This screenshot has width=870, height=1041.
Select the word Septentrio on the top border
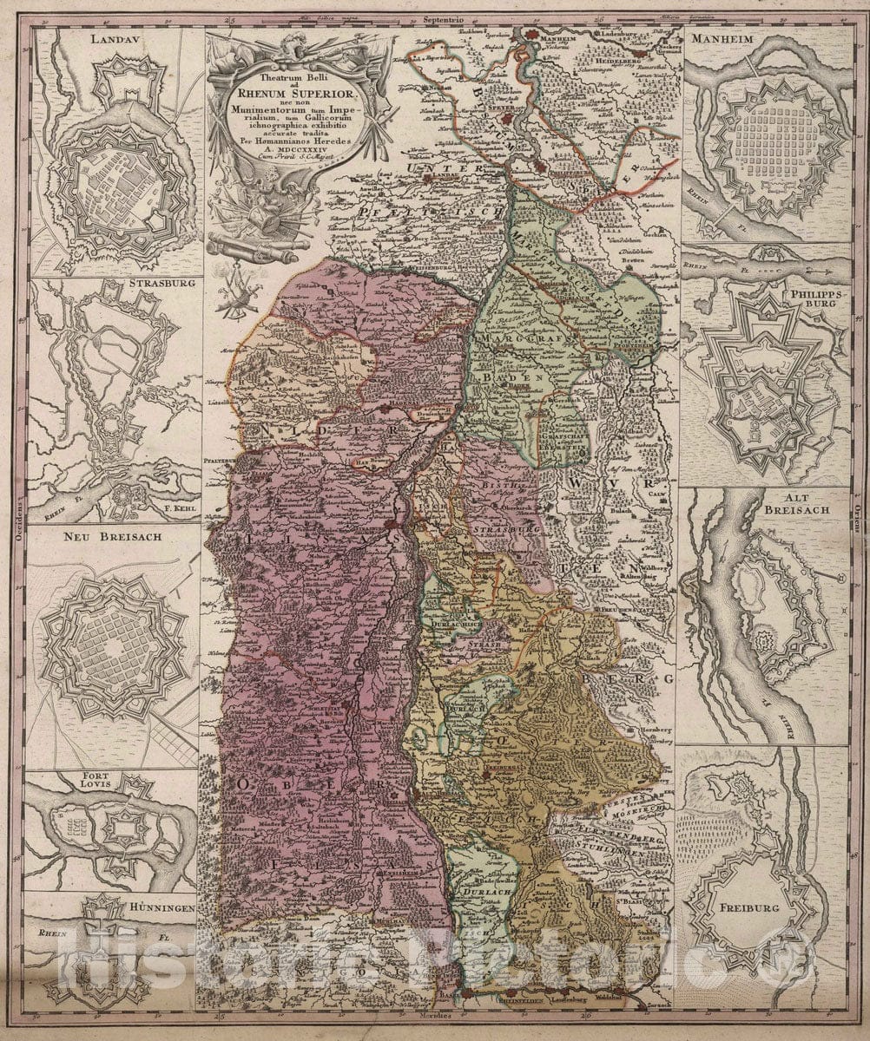[439, 17]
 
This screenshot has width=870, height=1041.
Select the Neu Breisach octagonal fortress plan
[113, 646]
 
